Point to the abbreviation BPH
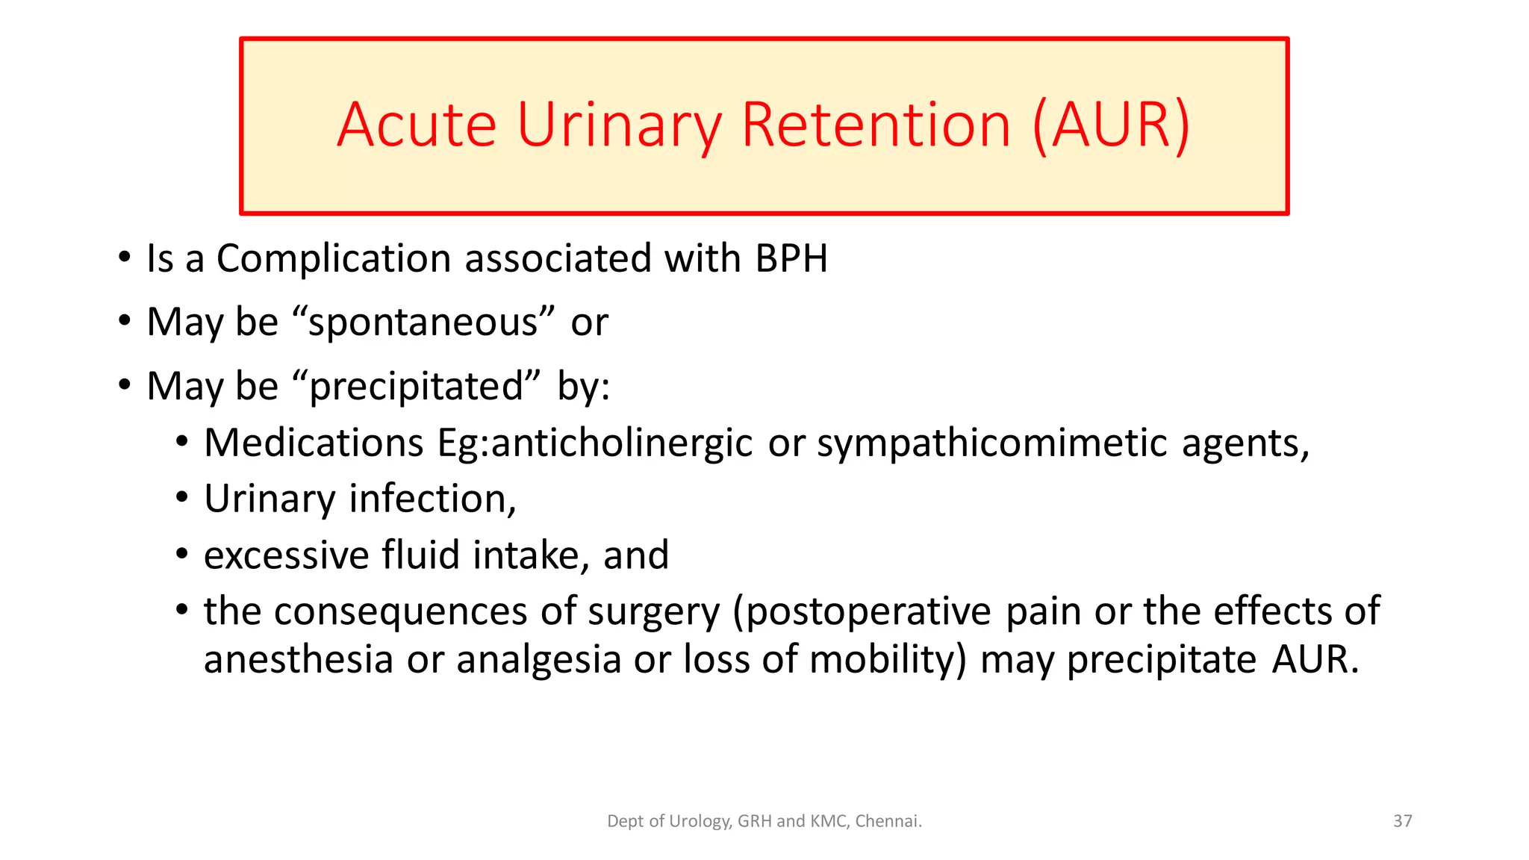[x=791, y=259]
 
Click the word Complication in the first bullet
[x=334, y=259]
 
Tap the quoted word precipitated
[x=417, y=387]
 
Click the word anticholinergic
[x=622, y=443]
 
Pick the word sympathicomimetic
[x=992, y=443]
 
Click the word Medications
[x=314, y=443]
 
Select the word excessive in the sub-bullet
[x=286, y=555]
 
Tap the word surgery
[x=653, y=612]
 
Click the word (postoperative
[x=862, y=612]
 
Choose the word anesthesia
[x=298, y=660]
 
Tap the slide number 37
[x=1402, y=821]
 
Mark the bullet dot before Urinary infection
[x=182, y=497]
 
